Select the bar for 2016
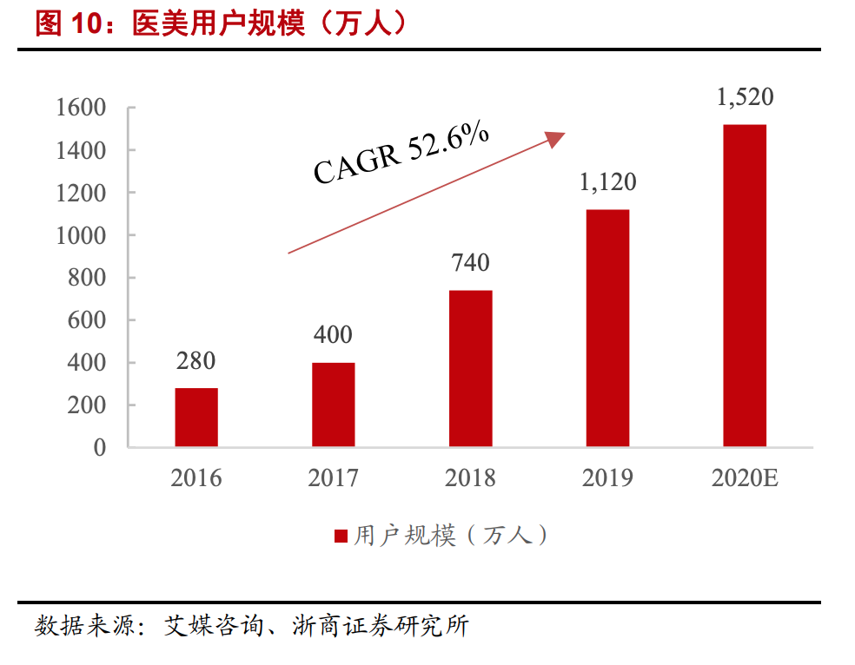coord(196,418)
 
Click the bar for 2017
coord(333,405)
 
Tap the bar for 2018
coord(470,369)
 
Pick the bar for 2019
coord(607,328)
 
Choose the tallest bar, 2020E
coord(745,286)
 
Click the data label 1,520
coord(745,96)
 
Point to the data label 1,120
coord(607,181)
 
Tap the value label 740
coord(470,261)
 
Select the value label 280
coord(196,360)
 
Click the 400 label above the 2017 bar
coord(333,334)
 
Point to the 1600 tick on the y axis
coord(80,108)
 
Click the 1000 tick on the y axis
coord(80,235)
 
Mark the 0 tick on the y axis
coord(99,448)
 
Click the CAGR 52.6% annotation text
coord(401,154)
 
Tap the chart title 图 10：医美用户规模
coord(221,23)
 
